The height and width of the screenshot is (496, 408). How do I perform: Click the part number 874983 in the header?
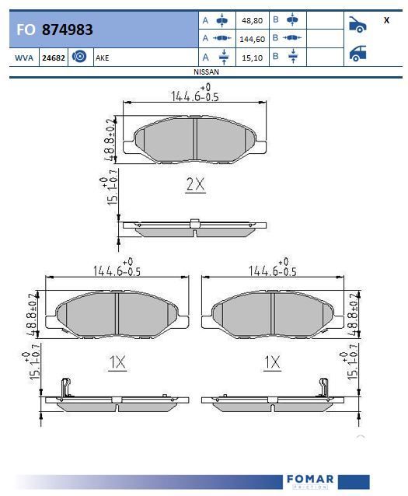point(67,30)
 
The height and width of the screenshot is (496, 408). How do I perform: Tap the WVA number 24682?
point(54,58)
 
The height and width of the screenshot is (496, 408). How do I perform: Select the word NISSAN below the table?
point(206,72)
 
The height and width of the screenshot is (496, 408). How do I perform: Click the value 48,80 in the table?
point(252,20)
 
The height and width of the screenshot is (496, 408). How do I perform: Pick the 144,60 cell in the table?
point(252,39)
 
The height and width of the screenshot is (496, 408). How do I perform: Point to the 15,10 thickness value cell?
point(252,58)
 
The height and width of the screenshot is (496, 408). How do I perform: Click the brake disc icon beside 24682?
point(79,57)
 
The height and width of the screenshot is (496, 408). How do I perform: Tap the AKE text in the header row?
point(102,58)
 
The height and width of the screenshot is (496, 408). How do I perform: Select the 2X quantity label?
point(196,184)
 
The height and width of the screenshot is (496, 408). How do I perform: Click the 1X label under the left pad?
point(117,362)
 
